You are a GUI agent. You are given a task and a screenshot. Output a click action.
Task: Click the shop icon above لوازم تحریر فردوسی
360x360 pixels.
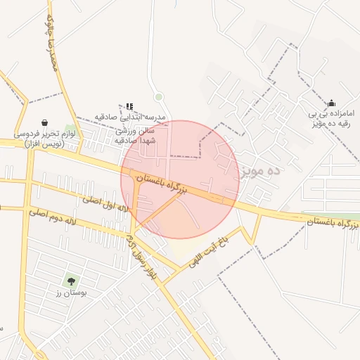click(46, 122)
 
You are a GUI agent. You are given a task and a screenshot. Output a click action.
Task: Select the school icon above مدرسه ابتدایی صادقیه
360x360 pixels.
click(129, 106)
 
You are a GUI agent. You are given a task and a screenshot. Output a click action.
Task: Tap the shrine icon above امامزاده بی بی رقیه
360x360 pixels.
click(332, 103)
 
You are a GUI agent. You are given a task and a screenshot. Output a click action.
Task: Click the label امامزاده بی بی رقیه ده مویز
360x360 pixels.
click(330, 118)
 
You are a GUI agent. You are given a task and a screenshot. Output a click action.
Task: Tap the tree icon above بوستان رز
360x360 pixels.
click(72, 282)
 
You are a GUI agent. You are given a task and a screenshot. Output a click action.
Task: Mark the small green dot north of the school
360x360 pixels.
click(159, 96)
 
